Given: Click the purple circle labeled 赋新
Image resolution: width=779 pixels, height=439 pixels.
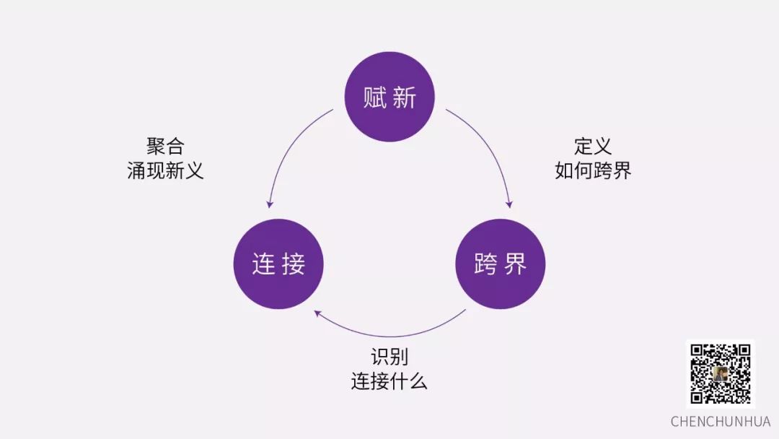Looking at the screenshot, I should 389,97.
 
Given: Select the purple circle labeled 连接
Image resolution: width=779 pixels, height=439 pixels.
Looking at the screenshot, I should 278,264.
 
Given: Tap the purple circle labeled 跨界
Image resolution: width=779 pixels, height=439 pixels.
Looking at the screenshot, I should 501,264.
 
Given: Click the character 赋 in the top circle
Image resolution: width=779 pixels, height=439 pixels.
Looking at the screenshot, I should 375,97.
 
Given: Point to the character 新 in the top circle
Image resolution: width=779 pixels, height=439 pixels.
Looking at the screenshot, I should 405,97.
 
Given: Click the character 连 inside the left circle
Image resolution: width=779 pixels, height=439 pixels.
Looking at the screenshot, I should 263,265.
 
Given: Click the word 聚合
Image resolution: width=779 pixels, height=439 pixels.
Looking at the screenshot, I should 166,147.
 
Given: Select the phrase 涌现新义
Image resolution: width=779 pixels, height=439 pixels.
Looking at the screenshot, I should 166,171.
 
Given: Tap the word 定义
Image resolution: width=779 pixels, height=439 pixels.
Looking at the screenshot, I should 593,147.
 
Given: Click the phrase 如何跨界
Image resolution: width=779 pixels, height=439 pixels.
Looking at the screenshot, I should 593,171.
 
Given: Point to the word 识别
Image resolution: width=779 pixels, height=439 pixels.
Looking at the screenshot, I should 389,357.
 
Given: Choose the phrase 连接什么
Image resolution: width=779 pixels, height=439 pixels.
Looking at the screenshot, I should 389,381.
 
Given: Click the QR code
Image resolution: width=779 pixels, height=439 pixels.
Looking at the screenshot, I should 721,373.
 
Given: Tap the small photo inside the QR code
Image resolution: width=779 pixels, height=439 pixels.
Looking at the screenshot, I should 721,374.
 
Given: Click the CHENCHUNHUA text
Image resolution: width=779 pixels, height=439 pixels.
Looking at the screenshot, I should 721,422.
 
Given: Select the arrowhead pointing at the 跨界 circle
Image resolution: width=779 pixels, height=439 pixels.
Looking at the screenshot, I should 509,204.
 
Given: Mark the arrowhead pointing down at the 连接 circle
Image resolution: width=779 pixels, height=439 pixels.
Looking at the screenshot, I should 270,204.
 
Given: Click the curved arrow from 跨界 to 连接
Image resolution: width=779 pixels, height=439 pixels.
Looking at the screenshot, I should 389,336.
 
